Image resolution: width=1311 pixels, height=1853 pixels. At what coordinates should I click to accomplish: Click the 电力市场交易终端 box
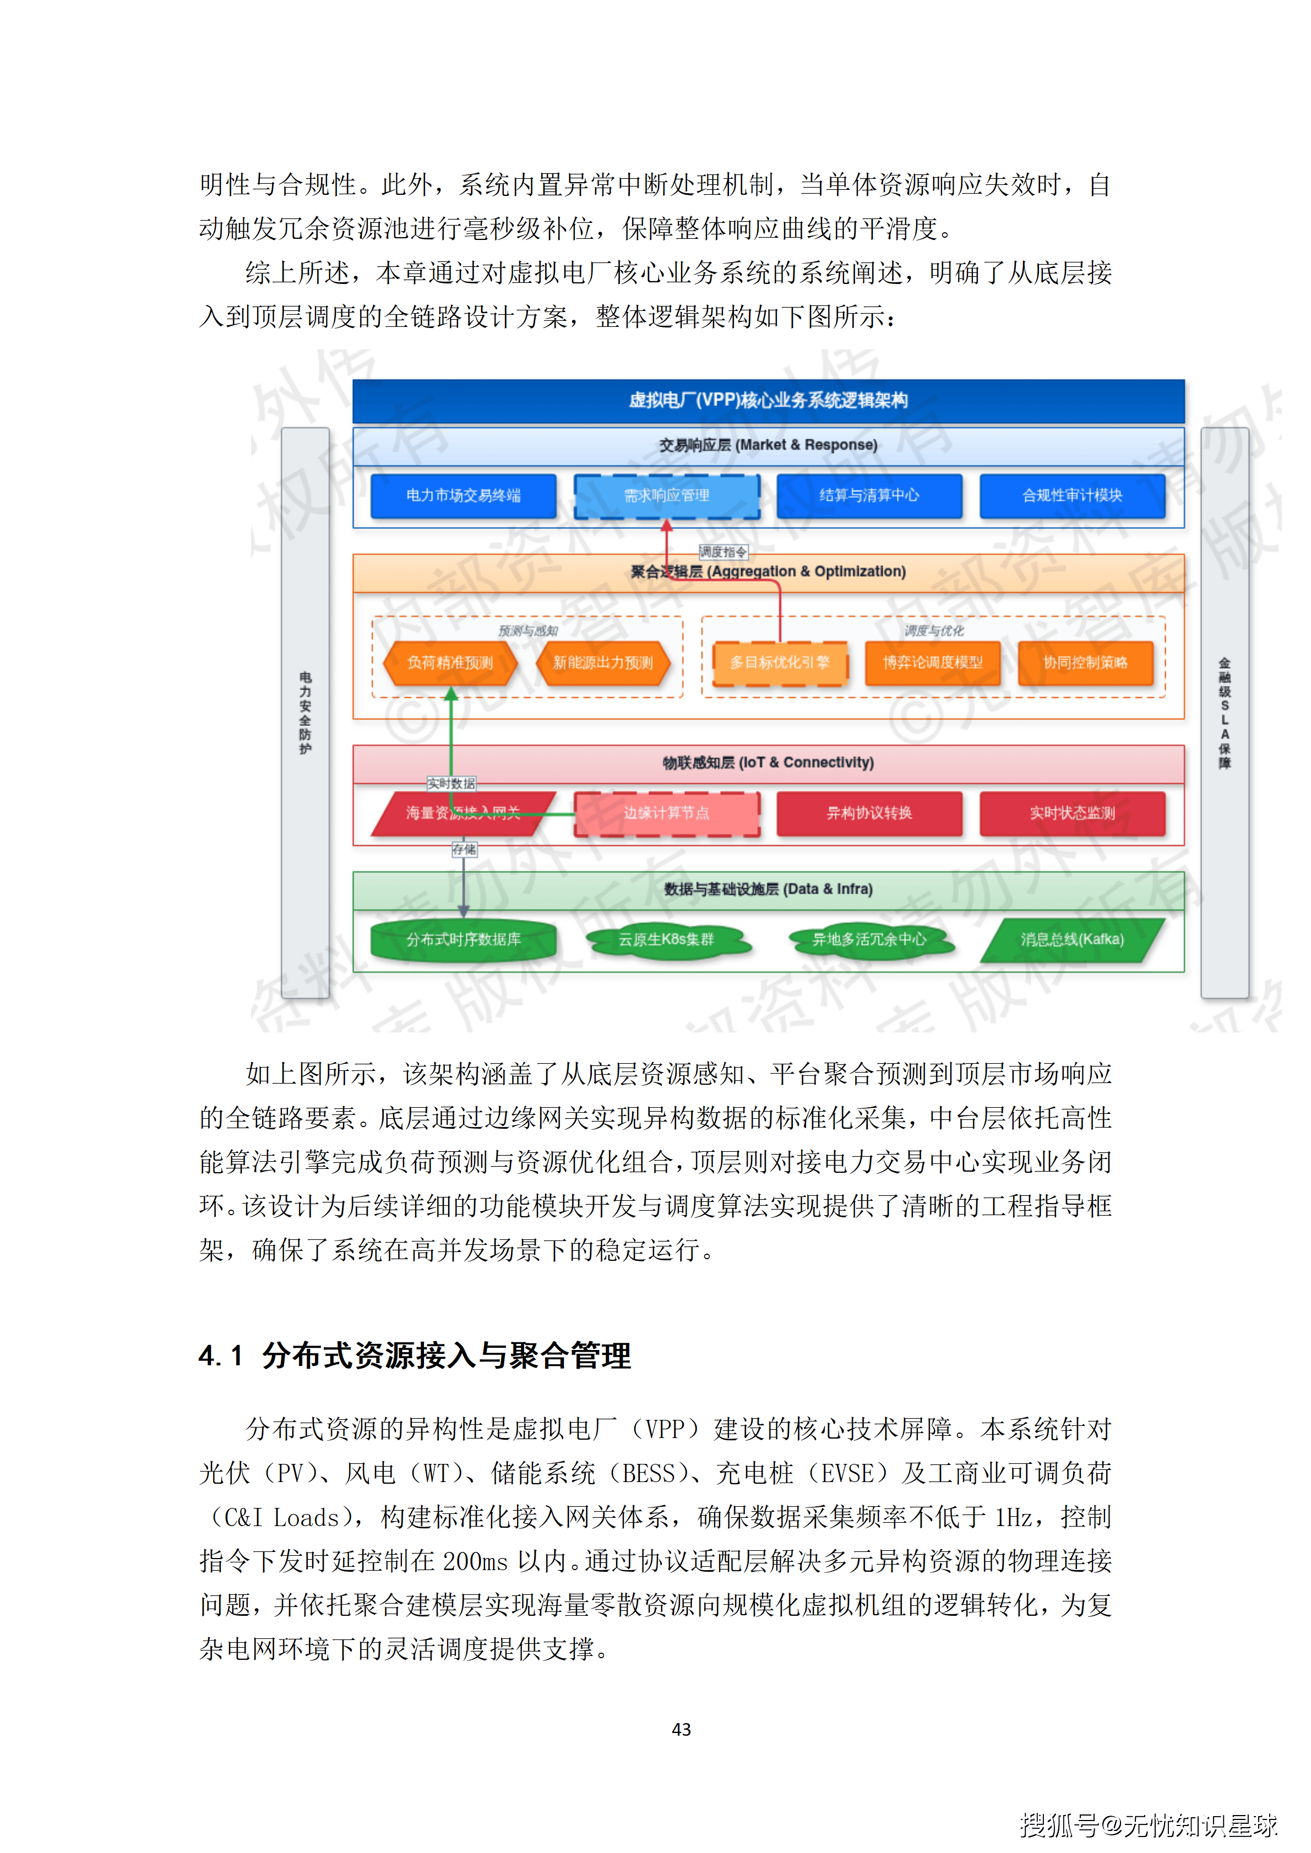click(464, 495)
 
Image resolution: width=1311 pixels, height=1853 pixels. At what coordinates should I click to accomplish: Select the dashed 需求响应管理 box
click(667, 495)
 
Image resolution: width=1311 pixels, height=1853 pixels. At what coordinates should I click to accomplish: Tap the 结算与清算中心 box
click(869, 495)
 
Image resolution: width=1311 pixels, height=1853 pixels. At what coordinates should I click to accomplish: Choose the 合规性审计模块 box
click(1072, 495)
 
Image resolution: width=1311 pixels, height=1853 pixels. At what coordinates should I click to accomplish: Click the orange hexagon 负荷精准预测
click(450, 663)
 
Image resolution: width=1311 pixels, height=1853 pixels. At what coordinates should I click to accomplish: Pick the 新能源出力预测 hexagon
click(603, 663)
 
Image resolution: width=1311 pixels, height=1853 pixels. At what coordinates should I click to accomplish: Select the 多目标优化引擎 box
click(780, 663)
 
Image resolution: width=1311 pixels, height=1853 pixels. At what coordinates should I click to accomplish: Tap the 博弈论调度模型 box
click(932, 663)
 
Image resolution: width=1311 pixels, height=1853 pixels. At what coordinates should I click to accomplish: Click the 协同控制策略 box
click(1085, 663)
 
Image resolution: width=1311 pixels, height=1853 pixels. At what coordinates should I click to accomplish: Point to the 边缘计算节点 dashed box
click(667, 813)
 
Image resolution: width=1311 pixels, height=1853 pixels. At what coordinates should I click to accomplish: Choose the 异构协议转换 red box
click(869, 813)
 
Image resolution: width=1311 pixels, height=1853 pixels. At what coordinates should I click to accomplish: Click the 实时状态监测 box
click(1072, 813)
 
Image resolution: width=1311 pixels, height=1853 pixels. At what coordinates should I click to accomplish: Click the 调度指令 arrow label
click(724, 552)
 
